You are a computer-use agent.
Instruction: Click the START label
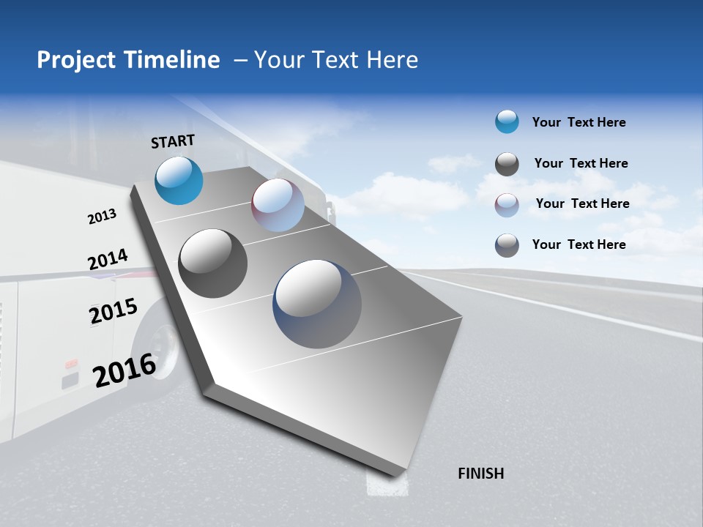tap(173, 141)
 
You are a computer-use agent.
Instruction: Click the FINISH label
tap(480, 474)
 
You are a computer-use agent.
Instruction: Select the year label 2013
tap(102, 217)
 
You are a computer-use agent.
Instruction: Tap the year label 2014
tap(108, 260)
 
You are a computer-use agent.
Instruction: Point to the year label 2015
tap(114, 310)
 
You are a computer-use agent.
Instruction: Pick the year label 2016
tap(124, 370)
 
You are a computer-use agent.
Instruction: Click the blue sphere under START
tap(179, 180)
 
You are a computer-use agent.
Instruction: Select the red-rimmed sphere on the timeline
tap(278, 205)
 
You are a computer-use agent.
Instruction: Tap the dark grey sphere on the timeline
tap(212, 263)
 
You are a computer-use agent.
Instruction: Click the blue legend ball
tap(507, 122)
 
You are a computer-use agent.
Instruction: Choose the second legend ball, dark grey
tap(507, 164)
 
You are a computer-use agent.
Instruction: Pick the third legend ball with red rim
tap(507, 205)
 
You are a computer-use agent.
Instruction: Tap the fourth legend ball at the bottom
tap(507, 245)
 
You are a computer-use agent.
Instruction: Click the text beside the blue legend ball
tap(579, 123)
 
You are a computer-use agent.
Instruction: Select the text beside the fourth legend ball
tap(579, 244)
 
